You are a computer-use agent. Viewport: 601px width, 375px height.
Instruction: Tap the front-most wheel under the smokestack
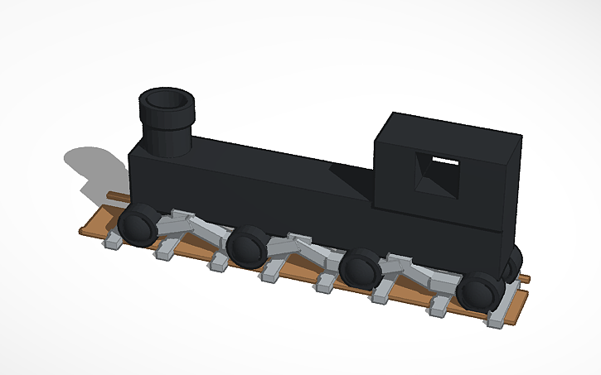[138, 225]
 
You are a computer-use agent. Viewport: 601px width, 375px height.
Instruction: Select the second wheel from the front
[248, 248]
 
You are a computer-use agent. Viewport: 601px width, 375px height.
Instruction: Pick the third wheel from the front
[361, 268]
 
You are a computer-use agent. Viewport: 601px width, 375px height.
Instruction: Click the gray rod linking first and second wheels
[195, 225]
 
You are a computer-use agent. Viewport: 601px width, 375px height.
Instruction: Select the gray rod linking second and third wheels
[303, 247]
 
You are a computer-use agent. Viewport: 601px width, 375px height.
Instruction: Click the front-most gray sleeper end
[113, 243]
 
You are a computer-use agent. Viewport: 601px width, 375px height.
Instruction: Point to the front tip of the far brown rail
[110, 195]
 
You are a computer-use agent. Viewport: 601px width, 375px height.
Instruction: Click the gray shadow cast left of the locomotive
[91, 166]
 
